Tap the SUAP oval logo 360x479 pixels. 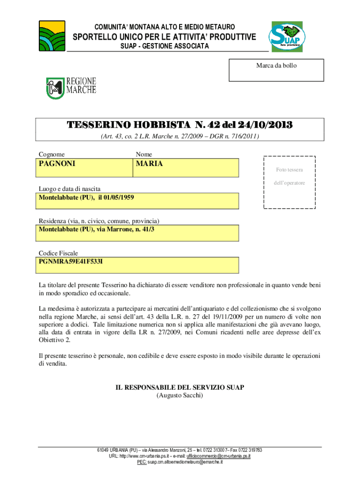(286, 37)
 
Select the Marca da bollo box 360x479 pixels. (276, 70)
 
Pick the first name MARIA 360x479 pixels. (149, 164)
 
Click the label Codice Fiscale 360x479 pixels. (58, 253)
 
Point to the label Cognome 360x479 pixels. (51, 154)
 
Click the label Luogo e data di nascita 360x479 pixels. (69, 189)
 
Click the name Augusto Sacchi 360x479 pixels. (180, 395)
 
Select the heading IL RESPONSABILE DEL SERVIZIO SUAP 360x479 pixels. (180, 388)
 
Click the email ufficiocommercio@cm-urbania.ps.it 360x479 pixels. (218, 456)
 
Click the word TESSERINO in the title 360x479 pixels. (100, 125)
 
